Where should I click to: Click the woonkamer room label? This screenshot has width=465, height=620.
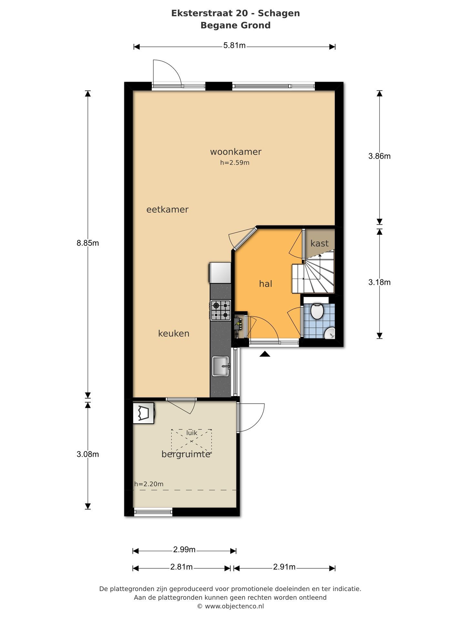236,151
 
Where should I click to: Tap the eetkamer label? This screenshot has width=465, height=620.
167,210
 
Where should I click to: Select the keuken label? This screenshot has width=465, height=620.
174,333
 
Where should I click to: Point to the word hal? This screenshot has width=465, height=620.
265,284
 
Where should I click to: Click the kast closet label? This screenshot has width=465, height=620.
319,243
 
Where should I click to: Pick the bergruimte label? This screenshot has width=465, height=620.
186,455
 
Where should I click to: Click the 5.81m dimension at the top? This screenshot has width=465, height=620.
234,46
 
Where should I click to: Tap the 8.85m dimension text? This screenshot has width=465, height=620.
88,243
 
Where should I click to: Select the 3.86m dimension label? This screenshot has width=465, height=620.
379,156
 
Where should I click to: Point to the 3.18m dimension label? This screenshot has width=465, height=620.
379,282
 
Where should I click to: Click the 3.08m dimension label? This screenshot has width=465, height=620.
88,454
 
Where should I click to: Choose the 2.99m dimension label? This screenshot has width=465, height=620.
184,550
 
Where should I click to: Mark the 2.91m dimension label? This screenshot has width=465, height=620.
284,567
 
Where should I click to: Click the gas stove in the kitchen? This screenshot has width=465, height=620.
221,310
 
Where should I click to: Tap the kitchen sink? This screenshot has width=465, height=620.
221,366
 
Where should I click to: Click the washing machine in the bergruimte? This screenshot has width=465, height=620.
144,412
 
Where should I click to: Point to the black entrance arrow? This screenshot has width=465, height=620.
265,354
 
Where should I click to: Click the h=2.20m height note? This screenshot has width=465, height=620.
149,484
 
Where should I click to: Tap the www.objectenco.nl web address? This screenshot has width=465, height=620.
234,606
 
